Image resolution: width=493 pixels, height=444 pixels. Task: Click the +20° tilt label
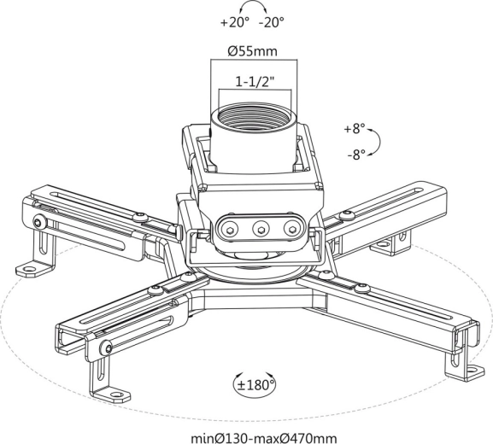tap(235, 22)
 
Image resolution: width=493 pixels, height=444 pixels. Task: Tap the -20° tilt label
tap(272, 22)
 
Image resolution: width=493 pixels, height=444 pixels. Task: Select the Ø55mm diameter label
tap(253, 51)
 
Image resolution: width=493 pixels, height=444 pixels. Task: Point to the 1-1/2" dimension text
tap(255, 82)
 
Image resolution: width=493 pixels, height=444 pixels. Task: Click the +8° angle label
tap(355, 129)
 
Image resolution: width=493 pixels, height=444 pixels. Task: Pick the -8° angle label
tap(356, 155)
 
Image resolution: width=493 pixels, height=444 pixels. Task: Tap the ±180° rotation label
tap(255, 384)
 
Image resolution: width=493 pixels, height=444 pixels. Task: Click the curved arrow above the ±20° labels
tap(253, 3)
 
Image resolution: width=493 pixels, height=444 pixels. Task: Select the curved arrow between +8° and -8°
tap(379, 142)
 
